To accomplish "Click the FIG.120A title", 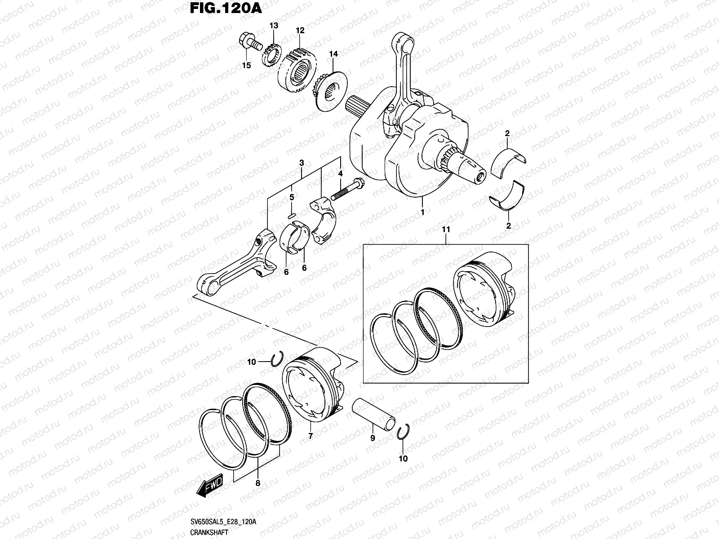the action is (x=226, y=8).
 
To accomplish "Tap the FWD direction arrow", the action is (x=210, y=486).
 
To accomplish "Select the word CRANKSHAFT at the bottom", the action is (x=209, y=532).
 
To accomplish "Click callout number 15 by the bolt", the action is (x=246, y=66).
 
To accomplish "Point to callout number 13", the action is (x=274, y=26).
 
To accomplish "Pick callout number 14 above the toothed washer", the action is (x=333, y=53).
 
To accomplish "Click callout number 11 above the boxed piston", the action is (x=446, y=230).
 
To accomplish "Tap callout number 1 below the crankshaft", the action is (x=422, y=212).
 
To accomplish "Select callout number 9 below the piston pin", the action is (x=373, y=438).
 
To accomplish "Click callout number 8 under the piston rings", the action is (x=258, y=483).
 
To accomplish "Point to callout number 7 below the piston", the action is (x=311, y=436).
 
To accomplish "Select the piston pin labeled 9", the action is (x=373, y=414).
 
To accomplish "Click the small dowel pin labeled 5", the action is (x=292, y=216).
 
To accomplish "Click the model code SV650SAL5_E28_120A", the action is (x=223, y=521).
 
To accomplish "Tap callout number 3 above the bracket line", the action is (x=302, y=163).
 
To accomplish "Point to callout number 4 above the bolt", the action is (x=340, y=173).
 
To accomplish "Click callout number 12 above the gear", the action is (x=300, y=31).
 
